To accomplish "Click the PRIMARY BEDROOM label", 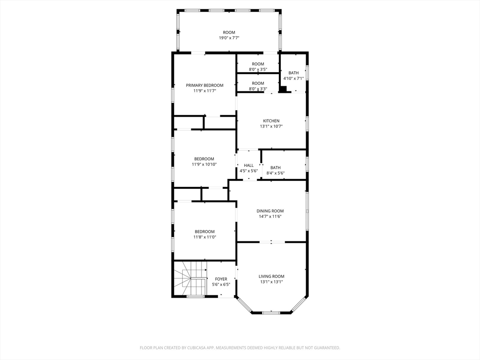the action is pyautogui.click(x=204, y=85).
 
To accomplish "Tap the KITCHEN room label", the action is pyautogui.click(x=271, y=121).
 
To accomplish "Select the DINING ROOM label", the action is pyautogui.click(x=270, y=211).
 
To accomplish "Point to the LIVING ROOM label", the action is pyautogui.click(x=271, y=277).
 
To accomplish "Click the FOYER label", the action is pyautogui.click(x=221, y=279).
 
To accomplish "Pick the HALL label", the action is pyautogui.click(x=248, y=165).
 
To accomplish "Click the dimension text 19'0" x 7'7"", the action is pyautogui.click(x=229, y=38).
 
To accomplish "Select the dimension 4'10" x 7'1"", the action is pyautogui.click(x=293, y=78).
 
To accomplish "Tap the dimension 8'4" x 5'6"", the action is pyautogui.click(x=276, y=173).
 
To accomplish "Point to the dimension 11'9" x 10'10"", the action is pyautogui.click(x=204, y=165).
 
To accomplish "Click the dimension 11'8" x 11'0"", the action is pyautogui.click(x=205, y=237).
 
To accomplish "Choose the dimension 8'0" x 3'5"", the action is pyautogui.click(x=258, y=69).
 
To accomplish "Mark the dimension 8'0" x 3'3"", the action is pyautogui.click(x=258, y=89).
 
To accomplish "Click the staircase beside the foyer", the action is pyautogui.click(x=190, y=278).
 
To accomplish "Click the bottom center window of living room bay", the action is pyautogui.click(x=271, y=313).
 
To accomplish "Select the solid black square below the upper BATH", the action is pyautogui.click(x=283, y=89).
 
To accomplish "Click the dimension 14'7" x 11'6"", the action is pyautogui.click(x=270, y=217).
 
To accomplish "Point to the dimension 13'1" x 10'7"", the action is pyautogui.click(x=271, y=127).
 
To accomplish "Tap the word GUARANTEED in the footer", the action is pyautogui.click(x=328, y=348).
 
